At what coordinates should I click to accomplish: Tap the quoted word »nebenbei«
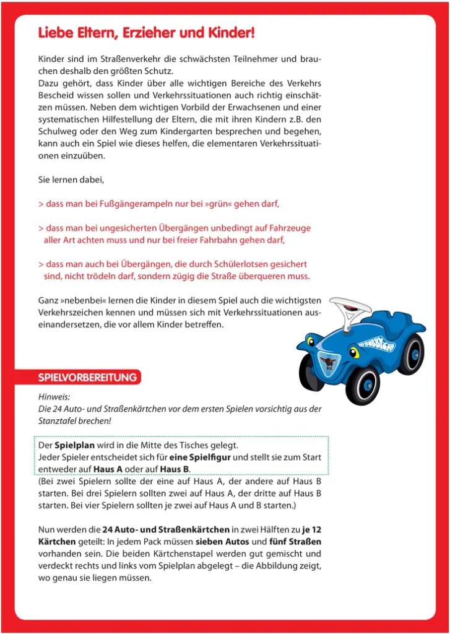click(x=83, y=300)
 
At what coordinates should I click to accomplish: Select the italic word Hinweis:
click(x=54, y=397)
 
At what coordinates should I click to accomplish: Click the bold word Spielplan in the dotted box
click(x=75, y=445)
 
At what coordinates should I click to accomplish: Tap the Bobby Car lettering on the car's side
click(x=377, y=341)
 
